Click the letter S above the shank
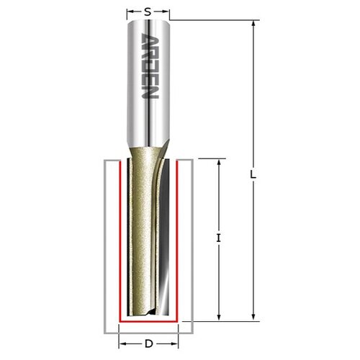point(148,11)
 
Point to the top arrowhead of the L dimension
point(253,23)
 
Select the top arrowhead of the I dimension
point(218,162)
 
